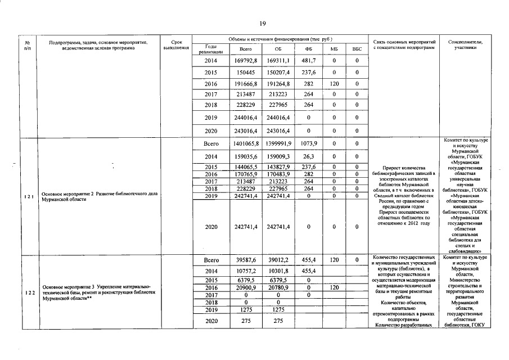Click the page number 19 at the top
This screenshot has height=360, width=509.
[262, 23]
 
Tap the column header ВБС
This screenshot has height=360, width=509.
[356, 49]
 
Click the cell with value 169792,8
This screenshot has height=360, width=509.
[245, 60]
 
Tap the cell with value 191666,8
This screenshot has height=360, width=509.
[245, 84]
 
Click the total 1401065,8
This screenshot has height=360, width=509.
[245, 144]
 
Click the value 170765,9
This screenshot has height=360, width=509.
[245, 174]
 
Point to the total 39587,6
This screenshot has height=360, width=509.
[245, 260]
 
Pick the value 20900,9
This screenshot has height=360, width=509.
[245, 287]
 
